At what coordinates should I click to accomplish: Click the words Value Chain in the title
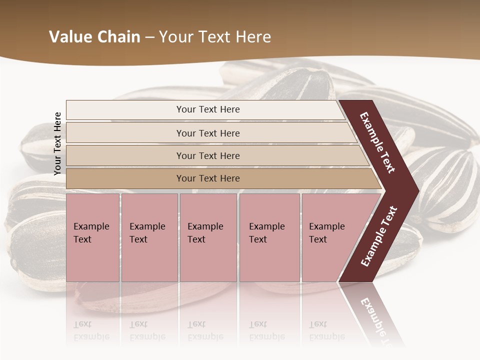(x=94, y=37)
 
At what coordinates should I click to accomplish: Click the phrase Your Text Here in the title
(x=215, y=37)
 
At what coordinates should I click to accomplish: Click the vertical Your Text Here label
(x=57, y=143)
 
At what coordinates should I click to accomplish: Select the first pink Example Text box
(x=92, y=237)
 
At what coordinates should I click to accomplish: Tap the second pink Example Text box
(x=149, y=237)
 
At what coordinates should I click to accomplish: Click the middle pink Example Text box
(x=208, y=237)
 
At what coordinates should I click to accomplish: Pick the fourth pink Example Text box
(x=269, y=237)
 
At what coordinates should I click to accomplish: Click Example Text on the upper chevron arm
(x=377, y=142)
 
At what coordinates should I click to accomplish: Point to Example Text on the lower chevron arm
(x=379, y=236)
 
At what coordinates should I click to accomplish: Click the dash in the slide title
(x=149, y=37)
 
